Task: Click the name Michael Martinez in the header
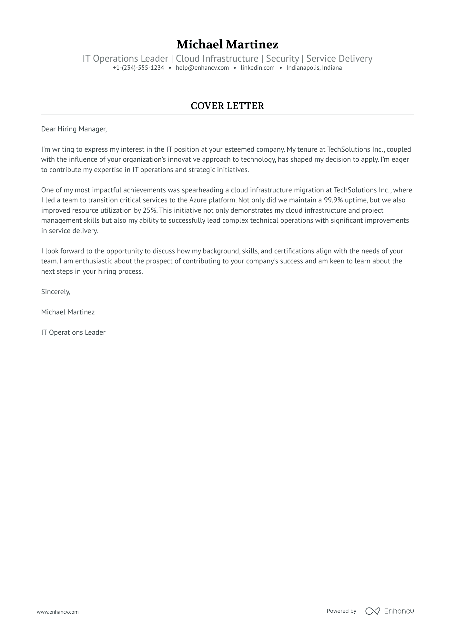pos(227,44)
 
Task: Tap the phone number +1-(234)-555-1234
pos(138,68)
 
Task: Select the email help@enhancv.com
pos(202,68)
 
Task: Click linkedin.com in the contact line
pos(258,68)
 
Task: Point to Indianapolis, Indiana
pos(314,68)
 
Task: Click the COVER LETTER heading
pos(227,106)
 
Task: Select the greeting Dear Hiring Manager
pos(74,129)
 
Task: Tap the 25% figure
pos(150,210)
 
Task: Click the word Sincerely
pos(56,292)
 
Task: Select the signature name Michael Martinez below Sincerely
pos(68,312)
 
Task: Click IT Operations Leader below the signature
pos(73,332)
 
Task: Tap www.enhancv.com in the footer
pos(57,612)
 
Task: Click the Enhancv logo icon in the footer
pos(372,611)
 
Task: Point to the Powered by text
pos(341,611)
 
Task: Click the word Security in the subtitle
pos(282,58)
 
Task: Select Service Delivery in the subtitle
pos(339,58)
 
